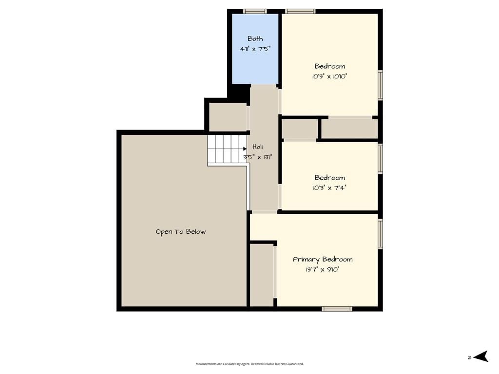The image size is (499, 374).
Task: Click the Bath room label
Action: pyautogui.click(x=255, y=39)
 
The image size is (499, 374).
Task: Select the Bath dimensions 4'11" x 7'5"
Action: pyautogui.click(x=255, y=49)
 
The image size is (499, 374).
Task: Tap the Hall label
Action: pyautogui.click(x=257, y=147)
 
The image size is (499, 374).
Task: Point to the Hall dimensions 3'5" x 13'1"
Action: pyautogui.click(x=257, y=157)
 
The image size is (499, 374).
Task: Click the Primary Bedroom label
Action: pyautogui.click(x=323, y=260)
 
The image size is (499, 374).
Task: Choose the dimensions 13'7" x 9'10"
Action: pyautogui.click(x=323, y=270)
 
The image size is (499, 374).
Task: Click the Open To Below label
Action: pyautogui.click(x=180, y=232)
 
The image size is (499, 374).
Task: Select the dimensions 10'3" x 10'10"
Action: pyautogui.click(x=330, y=76)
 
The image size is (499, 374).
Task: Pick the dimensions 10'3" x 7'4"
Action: pyautogui.click(x=330, y=187)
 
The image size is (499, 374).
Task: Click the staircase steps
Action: pyautogui.click(x=227, y=149)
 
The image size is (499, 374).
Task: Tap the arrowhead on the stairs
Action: pyautogui.click(x=245, y=149)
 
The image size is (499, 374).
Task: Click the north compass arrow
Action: pyautogui.click(x=480, y=356)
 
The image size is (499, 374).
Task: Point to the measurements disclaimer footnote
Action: pyautogui.click(x=249, y=364)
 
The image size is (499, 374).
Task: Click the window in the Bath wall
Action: pyautogui.click(x=255, y=12)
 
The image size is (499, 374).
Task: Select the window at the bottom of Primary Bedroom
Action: pyautogui.click(x=337, y=309)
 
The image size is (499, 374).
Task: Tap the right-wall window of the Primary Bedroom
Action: pyautogui.click(x=380, y=234)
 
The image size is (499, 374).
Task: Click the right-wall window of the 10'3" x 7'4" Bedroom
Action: pyautogui.click(x=380, y=159)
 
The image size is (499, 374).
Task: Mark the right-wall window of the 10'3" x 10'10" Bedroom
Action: pyautogui.click(x=380, y=85)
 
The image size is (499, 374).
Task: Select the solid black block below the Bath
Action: pyautogui.click(x=239, y=93)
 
